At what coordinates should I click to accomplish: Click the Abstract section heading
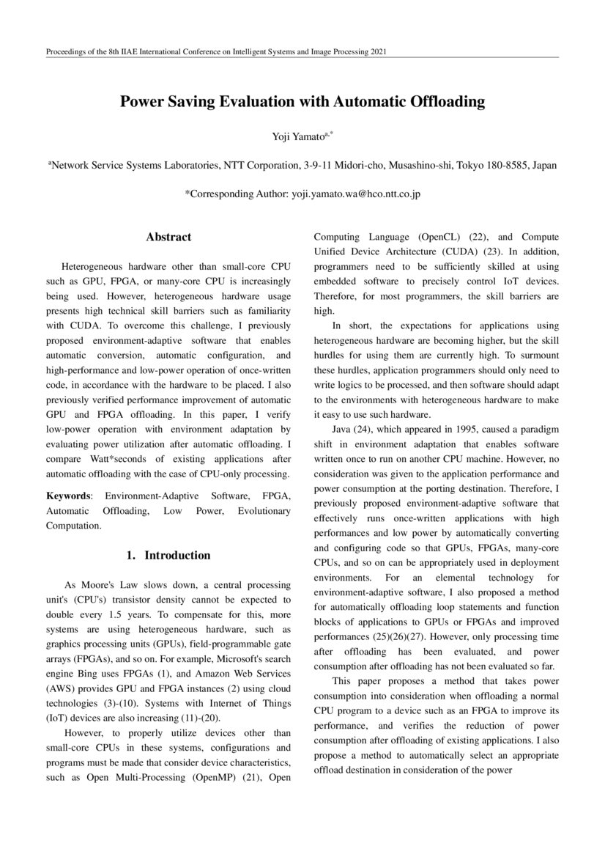(x=168, y=237)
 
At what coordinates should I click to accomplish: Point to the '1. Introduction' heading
(x=168, y=555)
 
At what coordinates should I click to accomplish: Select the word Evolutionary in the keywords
(x=264, y=511)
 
